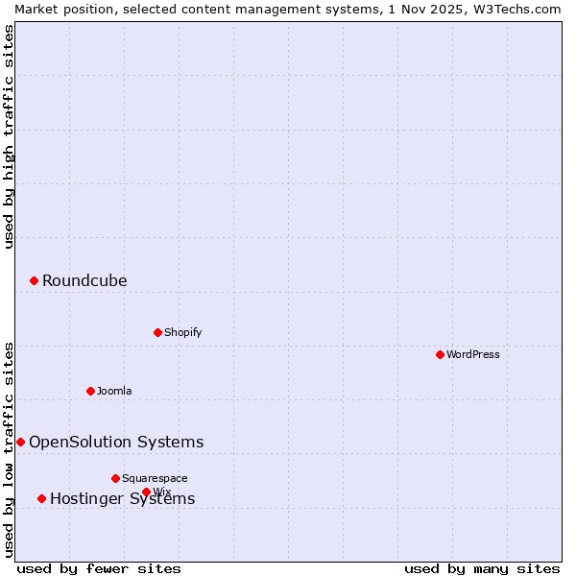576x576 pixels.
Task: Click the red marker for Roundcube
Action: pos(34,280)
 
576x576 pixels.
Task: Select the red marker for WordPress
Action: pos(440,354)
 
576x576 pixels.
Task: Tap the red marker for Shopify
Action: pos(157,332)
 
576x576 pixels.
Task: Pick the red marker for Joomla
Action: pos(90,391)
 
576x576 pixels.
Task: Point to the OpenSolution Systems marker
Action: pos(20,442)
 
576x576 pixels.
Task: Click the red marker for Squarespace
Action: pos(115,478)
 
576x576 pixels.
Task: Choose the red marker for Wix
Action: pos(146,492)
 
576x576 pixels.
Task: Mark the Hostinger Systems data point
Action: pos(41,498)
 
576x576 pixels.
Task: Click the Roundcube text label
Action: pos(84,281)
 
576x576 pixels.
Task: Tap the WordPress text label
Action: pos(473,354)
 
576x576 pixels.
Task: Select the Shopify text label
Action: pos(182,332)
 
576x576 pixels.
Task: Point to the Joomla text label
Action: pos(114,391)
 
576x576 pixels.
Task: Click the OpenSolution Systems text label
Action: pos(116,443)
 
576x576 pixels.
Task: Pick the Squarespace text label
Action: pos(155,478)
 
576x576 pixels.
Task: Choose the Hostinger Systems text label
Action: pos(122,499)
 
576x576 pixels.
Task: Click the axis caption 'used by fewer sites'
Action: pos(99,568)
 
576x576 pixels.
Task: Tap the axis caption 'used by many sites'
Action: pos(482,568)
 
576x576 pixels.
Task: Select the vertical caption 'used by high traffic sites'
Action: pos(9,136)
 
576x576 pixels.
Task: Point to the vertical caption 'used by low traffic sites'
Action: pos(9,449)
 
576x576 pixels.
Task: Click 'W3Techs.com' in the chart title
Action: pos(523,9)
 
